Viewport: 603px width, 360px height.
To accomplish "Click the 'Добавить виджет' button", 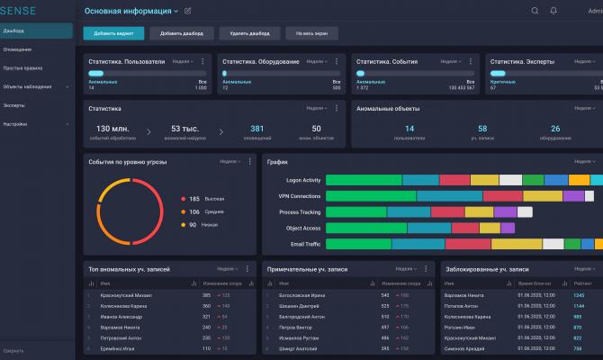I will pyautogui.click(x=113, y=33).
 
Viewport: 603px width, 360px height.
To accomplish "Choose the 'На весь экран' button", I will pyautogui.click(x=309, y=33).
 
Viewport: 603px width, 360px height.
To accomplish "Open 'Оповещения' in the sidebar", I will pyautogui.click(x=17, y=49).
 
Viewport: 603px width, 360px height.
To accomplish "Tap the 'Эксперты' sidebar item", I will pyautogui.click(x=14, y=105).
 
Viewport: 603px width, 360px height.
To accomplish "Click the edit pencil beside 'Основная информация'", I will pyautogui.click(x=187, y=11).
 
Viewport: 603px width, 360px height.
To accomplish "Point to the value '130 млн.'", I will pyautogui.click(x=114, y=129).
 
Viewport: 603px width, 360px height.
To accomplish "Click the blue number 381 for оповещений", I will pyautogui.click(x=257, y=129).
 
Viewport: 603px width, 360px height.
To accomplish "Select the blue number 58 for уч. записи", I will pyautogui.click(x=482, y=129).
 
